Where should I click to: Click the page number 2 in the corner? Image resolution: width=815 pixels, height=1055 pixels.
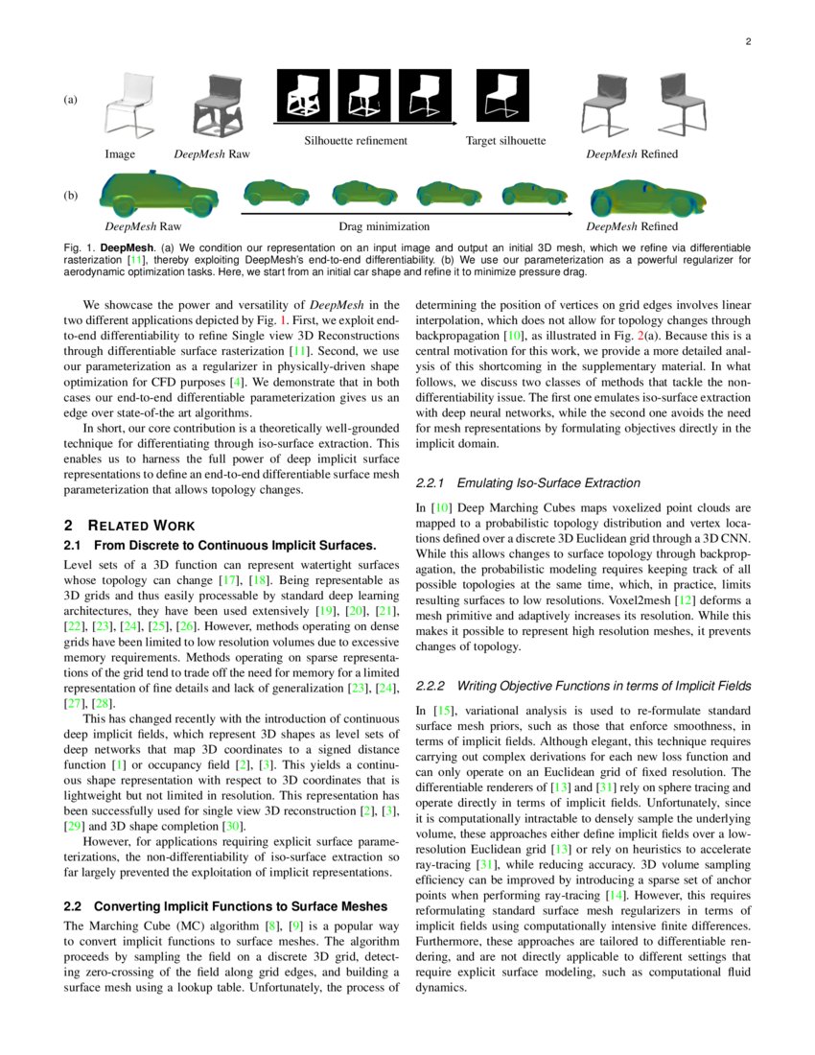[747, 41]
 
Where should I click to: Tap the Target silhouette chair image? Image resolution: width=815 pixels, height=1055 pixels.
[501, 97]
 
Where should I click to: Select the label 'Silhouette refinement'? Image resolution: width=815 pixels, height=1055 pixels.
[356, 141]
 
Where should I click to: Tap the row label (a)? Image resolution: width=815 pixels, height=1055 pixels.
[70, 100]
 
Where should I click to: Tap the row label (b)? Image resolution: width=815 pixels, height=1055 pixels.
[70, 195]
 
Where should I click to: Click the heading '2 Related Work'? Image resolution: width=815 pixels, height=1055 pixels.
[128, 525]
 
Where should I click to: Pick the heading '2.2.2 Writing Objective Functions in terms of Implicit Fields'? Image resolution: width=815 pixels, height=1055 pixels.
[583, 686]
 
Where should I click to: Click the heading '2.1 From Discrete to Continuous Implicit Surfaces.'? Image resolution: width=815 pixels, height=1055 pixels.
[219, 545]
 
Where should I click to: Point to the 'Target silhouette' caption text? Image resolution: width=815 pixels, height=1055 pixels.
[505, 141]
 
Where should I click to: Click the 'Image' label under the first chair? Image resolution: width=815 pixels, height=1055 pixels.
[120, 153]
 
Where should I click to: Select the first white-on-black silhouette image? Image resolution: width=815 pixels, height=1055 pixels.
[303, 97]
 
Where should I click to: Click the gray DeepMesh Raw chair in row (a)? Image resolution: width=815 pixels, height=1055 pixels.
[218, 105]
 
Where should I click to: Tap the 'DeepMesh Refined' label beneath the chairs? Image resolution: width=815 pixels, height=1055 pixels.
[632, 153]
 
